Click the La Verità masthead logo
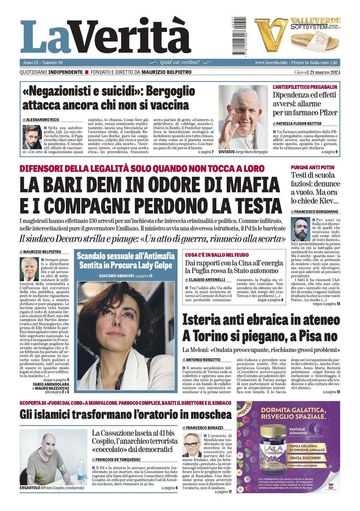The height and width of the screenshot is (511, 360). pyautogui.click(x=105, y=37)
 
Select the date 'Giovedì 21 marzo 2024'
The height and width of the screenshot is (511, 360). pyautogui.click(x=317, y=72)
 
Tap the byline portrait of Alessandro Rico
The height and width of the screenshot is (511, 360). pyautogui.click(x=32, y=137)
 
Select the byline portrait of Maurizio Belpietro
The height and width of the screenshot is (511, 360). pyautogui.click(x=29, y=269)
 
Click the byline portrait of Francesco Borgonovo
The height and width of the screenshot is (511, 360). pyautogui.click(x=299, y=229)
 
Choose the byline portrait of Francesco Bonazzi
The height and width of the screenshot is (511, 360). pyautogui.click(x=192, y=445)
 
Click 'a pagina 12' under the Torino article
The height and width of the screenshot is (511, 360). pyautogui.click(x=331, y=392)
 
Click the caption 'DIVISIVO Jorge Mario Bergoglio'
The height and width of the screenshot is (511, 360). pyautogui.click(x=243, y=152)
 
